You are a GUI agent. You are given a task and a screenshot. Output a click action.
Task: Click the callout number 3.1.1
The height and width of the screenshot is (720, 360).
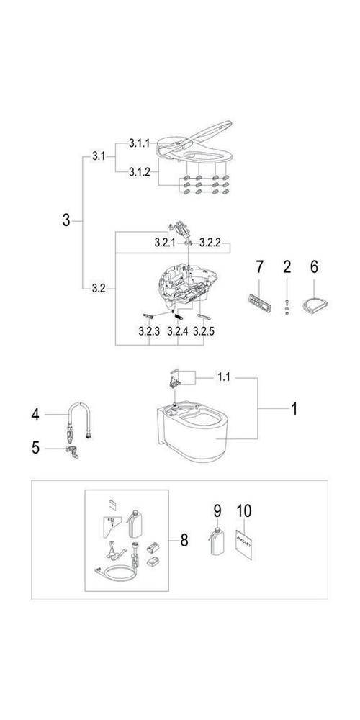click(139, 144)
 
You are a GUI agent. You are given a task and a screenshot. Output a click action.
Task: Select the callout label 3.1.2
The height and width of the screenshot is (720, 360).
click(139, 172)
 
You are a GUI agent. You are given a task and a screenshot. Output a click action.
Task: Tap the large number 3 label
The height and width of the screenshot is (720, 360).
click(66, 221)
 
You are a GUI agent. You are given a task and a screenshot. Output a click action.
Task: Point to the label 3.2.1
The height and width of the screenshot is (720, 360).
click(165, 243)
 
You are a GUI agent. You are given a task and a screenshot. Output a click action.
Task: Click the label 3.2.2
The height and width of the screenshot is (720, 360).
click(210, 243)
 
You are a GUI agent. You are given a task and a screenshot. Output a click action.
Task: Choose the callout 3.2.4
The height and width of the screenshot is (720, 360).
click(177, 331)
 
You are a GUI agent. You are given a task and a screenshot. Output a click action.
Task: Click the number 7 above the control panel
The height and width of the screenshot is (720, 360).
click(260, 266)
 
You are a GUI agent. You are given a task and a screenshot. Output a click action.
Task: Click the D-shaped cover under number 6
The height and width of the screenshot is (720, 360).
click(315, 304)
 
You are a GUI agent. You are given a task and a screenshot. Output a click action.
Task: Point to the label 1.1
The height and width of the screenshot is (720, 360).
click(224, 377)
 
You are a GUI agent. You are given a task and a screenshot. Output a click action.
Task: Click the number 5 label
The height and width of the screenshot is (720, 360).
click(35, 448)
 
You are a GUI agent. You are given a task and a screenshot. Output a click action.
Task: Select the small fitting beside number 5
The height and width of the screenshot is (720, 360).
click(71, 452)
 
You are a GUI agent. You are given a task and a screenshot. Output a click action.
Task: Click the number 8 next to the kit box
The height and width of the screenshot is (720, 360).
click(184, 541)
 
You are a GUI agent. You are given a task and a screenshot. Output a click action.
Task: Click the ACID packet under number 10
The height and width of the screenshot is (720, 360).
click(244, 544)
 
